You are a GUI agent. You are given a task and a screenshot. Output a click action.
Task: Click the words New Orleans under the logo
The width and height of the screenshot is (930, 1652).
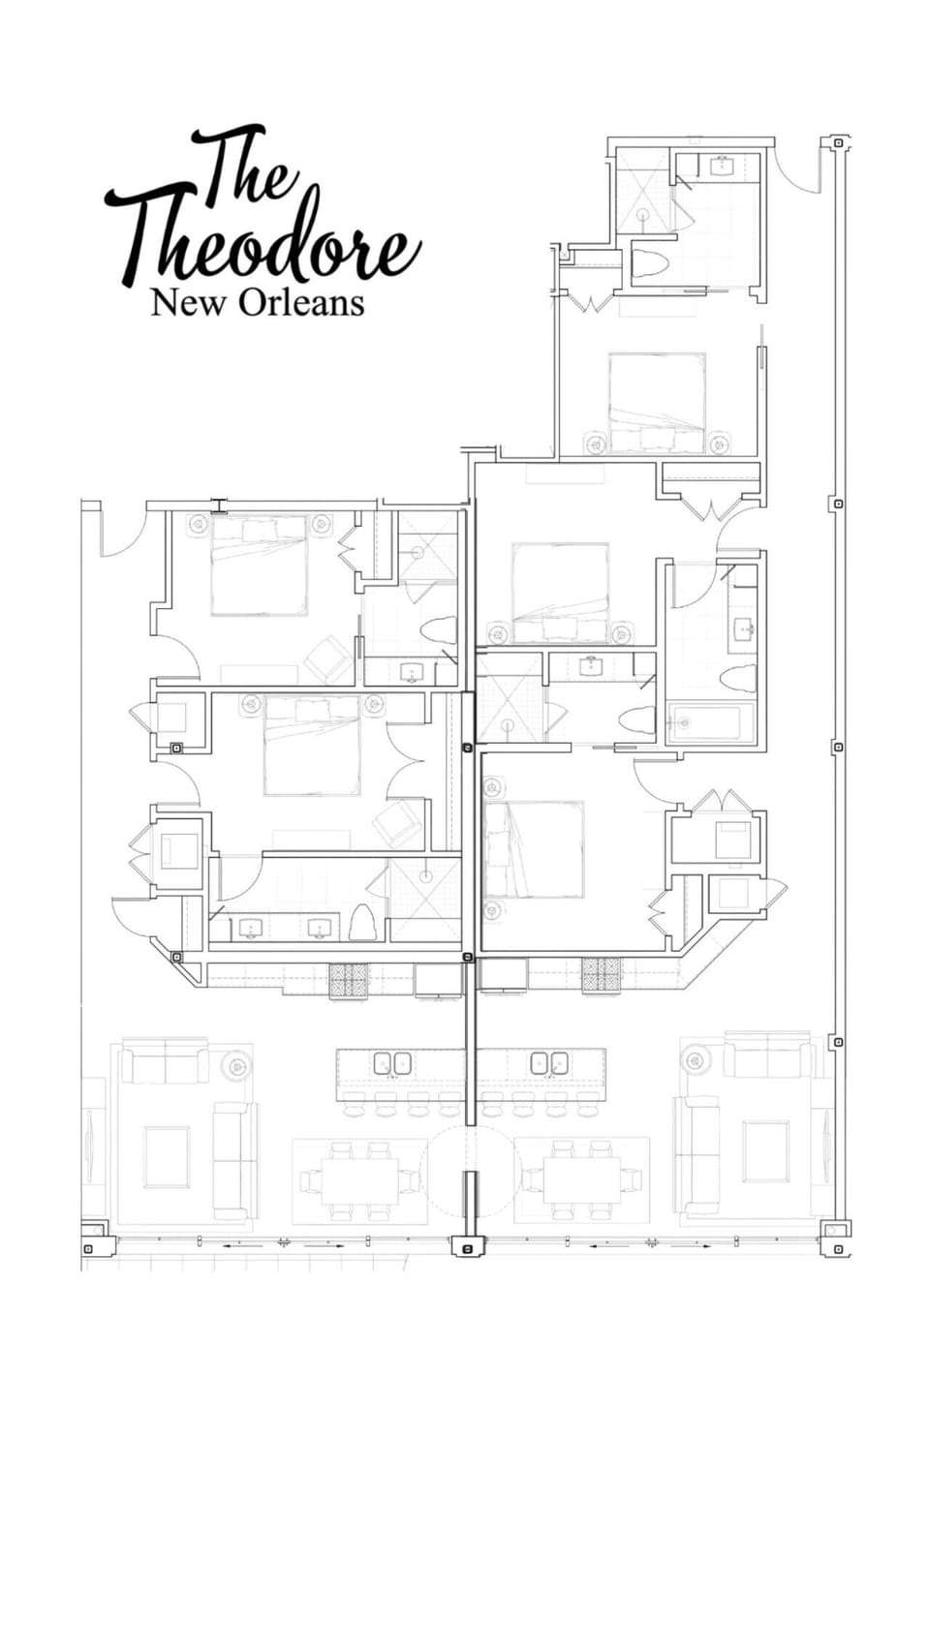pos(257,303)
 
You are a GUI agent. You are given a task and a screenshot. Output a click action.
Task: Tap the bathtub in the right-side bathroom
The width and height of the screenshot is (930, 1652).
pos(711,723)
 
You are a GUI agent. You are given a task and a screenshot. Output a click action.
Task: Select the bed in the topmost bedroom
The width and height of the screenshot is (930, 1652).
pos(656,400)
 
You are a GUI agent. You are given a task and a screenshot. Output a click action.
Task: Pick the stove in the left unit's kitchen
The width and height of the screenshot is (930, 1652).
pos(349,979)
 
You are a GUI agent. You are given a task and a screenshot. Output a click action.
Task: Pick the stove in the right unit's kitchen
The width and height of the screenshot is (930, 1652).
pos(601,974)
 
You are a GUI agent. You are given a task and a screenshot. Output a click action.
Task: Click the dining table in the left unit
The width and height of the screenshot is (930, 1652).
pos(358,1179)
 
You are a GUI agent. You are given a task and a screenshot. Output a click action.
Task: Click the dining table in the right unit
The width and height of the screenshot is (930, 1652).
pos(581,1179)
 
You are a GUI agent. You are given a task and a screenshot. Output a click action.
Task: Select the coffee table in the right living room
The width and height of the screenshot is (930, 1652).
pos(765,1150)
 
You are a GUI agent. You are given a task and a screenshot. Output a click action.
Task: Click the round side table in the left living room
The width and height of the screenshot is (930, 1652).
pos(235,1066)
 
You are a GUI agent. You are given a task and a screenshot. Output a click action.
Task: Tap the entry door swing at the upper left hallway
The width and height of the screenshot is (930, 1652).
pos(121,533)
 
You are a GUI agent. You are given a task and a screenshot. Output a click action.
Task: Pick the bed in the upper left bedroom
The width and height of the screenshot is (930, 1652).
pos(259,565)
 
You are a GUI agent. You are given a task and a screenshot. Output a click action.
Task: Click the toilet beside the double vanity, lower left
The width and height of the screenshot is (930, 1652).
pos(361,922)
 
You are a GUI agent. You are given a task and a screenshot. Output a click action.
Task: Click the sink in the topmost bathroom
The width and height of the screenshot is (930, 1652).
pos(722,166)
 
